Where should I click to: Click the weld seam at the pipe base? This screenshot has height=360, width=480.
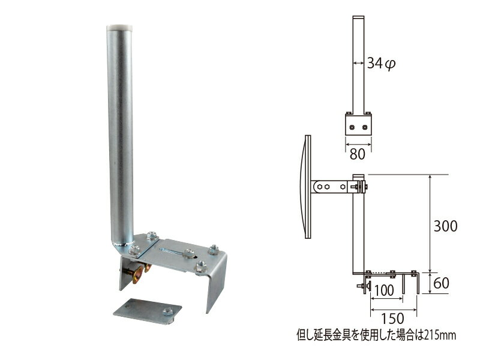click(x=121, y=243)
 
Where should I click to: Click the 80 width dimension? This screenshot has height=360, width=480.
click(x=358, y=154)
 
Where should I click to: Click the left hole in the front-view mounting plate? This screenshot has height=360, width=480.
click(x=352, y=127)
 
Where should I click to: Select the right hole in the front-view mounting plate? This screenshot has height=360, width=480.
click(x=365, y=127)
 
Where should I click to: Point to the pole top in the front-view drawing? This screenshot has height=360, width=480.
click(x=358, y=18)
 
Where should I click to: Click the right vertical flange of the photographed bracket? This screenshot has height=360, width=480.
click(x=216, y=282)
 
